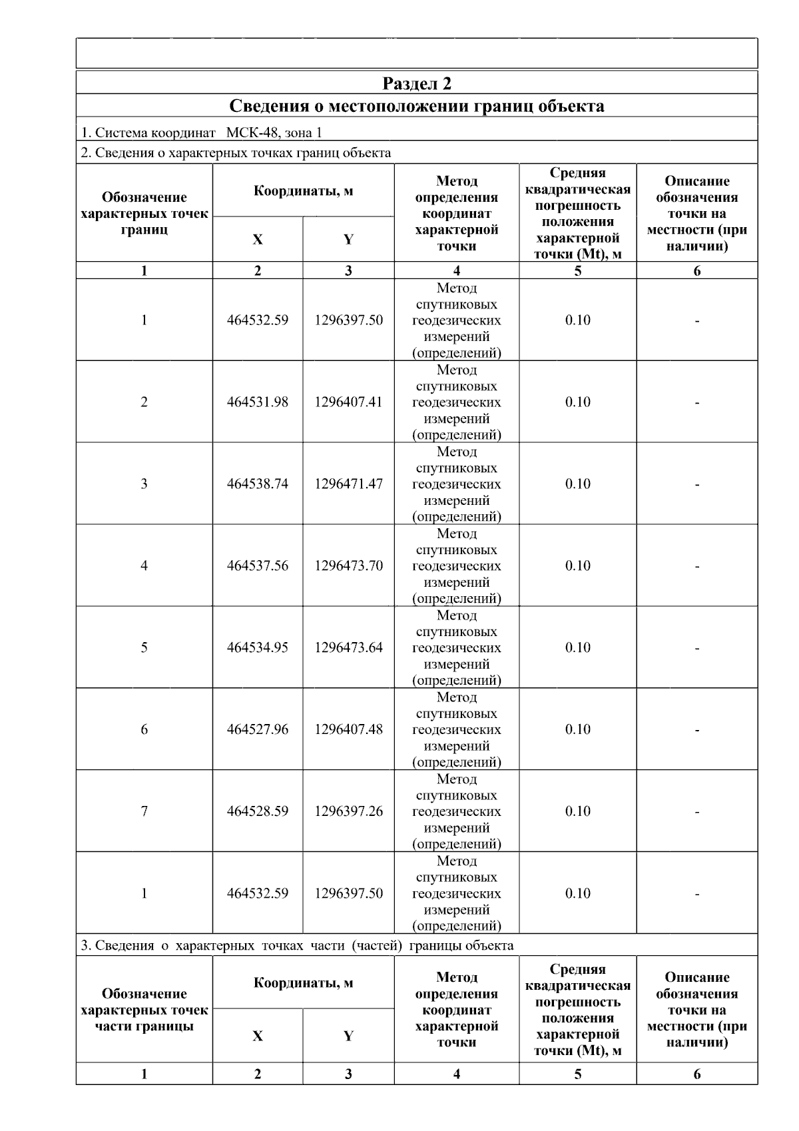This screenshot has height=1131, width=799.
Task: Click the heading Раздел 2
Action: point(417,83)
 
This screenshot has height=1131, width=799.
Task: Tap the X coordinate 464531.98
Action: point(258,402)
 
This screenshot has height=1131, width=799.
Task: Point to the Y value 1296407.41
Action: point(349,402)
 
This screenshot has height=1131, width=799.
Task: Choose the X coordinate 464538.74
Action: point(258,484)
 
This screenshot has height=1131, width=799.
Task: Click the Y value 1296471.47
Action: point(349,484)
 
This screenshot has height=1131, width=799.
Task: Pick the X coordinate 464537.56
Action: point(258,566)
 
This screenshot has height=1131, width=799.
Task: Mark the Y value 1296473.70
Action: point(349,566)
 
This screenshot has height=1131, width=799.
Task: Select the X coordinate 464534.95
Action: point(258,648)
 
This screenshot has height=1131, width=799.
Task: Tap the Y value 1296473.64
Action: point(349,648)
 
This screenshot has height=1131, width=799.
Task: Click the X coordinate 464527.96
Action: point(258,730)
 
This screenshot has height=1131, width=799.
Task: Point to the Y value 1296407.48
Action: point(349,730)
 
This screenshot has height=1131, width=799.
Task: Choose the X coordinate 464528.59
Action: point(258,812)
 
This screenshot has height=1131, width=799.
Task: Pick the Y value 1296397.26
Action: point(349,812)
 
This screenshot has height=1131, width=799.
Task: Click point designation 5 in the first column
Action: point(144,648)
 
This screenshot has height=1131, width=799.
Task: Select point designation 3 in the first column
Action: point(144,484)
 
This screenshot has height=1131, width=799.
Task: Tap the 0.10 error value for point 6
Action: point(578,730)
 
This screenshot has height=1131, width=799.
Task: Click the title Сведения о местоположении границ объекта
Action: point(417,107)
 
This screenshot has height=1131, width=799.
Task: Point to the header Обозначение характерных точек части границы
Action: point(144,1010)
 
